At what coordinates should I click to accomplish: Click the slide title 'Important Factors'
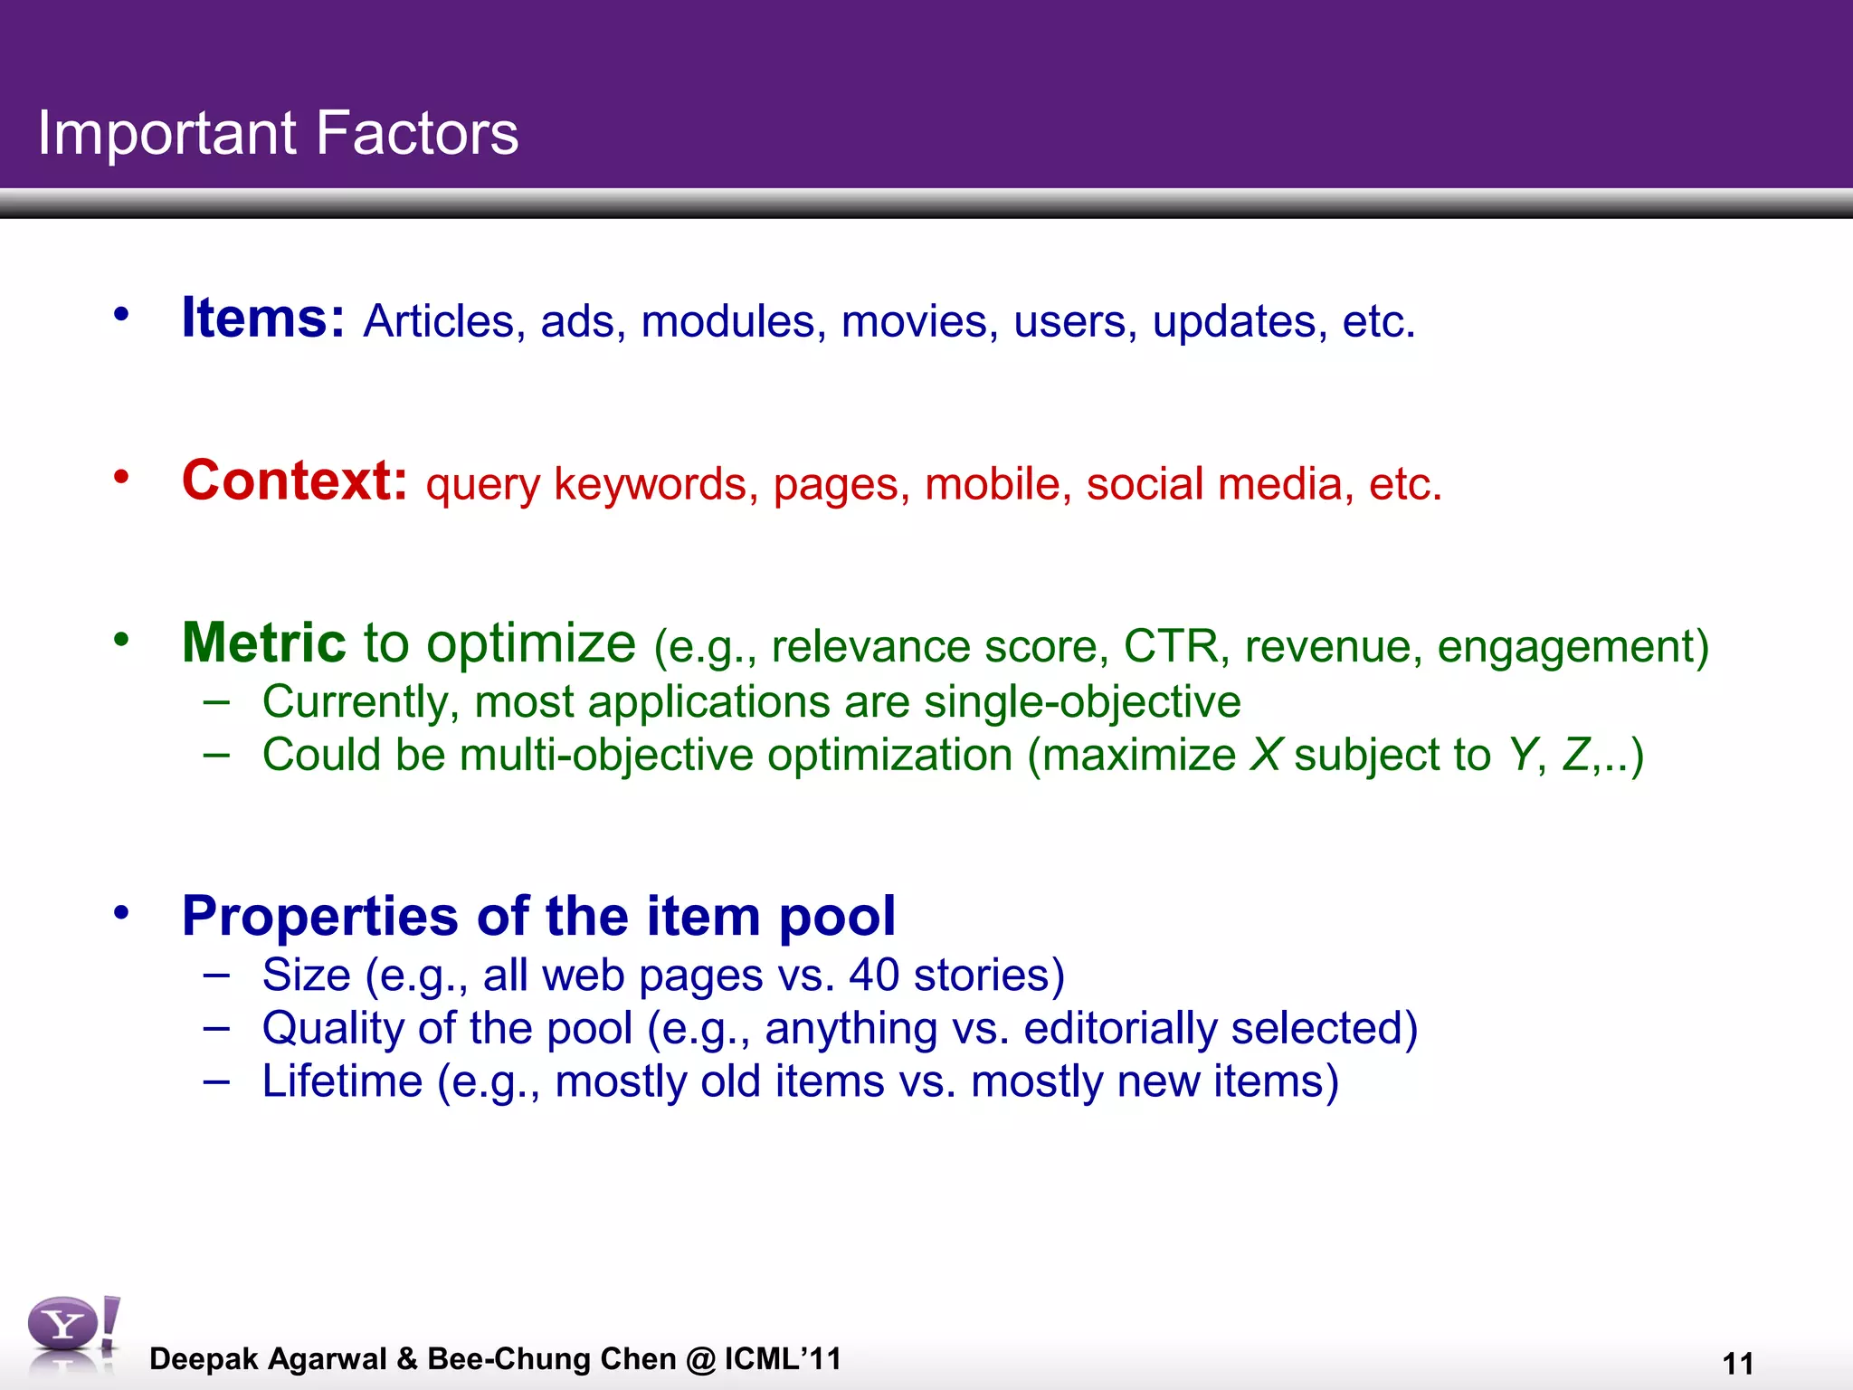tap(278, 133)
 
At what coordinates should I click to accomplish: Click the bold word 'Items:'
tap(262, 318)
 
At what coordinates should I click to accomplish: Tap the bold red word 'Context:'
tap(295, 481)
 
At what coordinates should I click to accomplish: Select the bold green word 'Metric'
tap(263, 643)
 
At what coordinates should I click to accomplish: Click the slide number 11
tap(1738, 1363)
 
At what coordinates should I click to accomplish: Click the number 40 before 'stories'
tap(874, 976)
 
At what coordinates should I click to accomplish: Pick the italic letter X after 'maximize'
tap(1265, 755)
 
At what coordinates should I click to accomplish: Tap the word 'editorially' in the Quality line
tap(1119, 1029)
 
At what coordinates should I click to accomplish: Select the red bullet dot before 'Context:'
tap(121, 477)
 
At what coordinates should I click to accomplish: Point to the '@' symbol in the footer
tap(700, 1359)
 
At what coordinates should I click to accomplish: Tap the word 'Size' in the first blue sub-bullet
tap(306, 976)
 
